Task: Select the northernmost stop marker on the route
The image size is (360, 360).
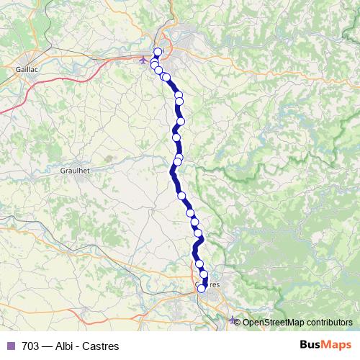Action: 158,51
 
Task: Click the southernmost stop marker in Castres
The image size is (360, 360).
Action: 202,289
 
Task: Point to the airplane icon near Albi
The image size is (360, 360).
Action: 143,60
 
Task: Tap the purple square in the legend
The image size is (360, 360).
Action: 10,346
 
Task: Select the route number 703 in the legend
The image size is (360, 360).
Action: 30,346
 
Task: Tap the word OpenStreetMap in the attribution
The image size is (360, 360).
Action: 275,322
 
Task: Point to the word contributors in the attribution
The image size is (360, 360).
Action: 330,322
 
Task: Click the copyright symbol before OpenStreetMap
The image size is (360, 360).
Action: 238,322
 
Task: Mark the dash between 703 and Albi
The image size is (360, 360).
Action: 48,346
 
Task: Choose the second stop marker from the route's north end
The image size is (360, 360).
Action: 154,65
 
